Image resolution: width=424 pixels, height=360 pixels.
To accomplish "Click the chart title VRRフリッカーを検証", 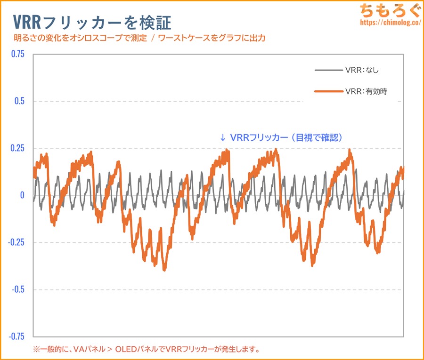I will pyautogui.click(x=90, y=22).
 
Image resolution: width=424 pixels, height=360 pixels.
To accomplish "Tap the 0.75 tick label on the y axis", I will pyautogui.click(x=17, y=54).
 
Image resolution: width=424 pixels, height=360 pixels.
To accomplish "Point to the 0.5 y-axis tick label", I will pyautogui.click(x=20, y=101).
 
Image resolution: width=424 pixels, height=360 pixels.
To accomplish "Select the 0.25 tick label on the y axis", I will pyautogui.click(x=17, y=148).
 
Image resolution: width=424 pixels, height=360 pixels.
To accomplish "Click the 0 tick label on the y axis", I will pyautogui.click(x=22, y=195).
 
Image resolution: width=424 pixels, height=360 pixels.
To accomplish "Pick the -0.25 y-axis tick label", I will pyautogui.click(x=16, y=242).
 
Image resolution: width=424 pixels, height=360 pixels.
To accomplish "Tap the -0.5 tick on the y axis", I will pyautogui.click(x=18, y=289).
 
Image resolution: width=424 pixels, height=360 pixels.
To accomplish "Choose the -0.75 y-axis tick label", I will pyautogui.click(x=16, y=336).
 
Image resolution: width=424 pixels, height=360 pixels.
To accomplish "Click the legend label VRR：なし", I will pyautogui.click(x=361, y=71).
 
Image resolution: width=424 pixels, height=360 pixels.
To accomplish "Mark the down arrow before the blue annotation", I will pyautogui.click(x=223, y=138).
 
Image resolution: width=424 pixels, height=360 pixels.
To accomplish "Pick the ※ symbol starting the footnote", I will pyautogui.click(x=36, y=349).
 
